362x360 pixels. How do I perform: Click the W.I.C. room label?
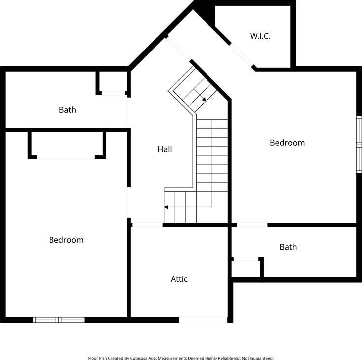click(x=260, y=36)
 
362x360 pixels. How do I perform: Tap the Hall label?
click(x=165, y=149)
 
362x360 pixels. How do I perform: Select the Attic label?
click(x=179, y=279)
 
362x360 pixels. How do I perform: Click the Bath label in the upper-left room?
click(x=67, y=110)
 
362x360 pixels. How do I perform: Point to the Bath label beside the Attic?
click(x=288, y=247)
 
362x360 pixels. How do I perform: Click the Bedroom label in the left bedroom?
click(x=66, y=240)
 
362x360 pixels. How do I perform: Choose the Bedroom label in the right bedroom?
click(x=287, y=143)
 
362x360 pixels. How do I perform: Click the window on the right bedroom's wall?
click(x=359, y=145)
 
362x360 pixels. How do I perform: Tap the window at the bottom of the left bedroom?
click(x=58, y=320)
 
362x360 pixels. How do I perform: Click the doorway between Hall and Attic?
click(x=147, y=225)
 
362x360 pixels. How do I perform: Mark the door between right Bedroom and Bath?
click(x=252, y=225)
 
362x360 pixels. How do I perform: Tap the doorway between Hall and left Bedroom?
click(x=129, y=203)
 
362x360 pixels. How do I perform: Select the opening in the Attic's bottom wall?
click(x=203, y=320)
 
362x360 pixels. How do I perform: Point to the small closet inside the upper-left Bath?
click(x=112, y=82)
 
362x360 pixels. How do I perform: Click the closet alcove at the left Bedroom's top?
click(x=67, y=145)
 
